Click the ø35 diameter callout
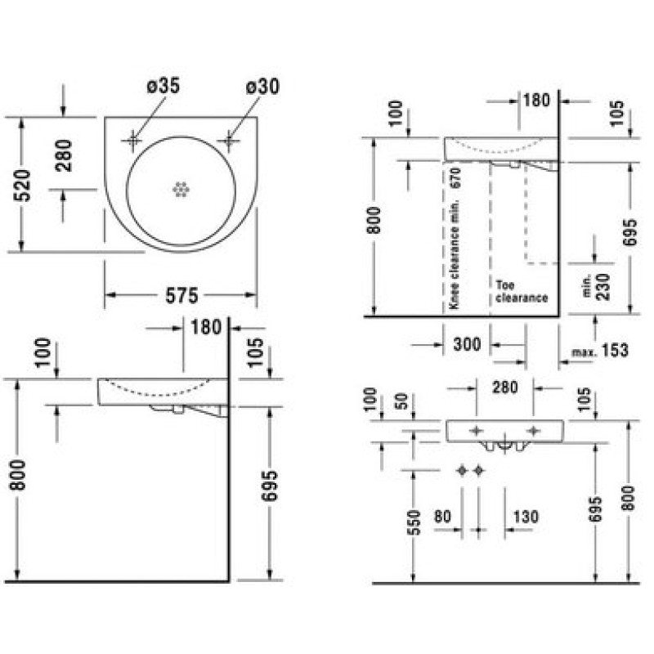pyautogui.click(x=163, y=86)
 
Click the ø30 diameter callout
pyautogui.click(x=262, y=87)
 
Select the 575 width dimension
pyautogui.click(x=181, y=296)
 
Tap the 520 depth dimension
pyautogui.click(x=23, y=186)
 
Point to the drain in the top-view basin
pyautogui.click(x=181, y=190)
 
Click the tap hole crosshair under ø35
pyautogui.click(x=133, y=141)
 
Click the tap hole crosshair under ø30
pyautogui.click(x=228, y=141)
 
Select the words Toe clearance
pyautogui.click(x=522, y=292)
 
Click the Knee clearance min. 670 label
pyautogui.click(x=455, y=238)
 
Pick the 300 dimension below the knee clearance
pyautogui.click(x=467, y=344)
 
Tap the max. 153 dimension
pyautogui.click(x=600, y=351)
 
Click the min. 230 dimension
pyautogui.click(x=598, y=287)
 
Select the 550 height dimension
pyautogui.click(x=415, y=522)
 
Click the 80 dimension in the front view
pyautogui.click(x=442, y=517)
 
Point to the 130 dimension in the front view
pyautogui.click(x=526, y=517)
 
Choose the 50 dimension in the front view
pyautogui.click(x=401, y=401)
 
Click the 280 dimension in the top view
pyautogui.click(x=64, y=156)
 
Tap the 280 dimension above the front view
pyautogui.click(x=505, y=387)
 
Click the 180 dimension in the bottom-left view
pyautogui.click(x=206, y=327)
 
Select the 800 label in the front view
pyautogui.click(x=627, y=498)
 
